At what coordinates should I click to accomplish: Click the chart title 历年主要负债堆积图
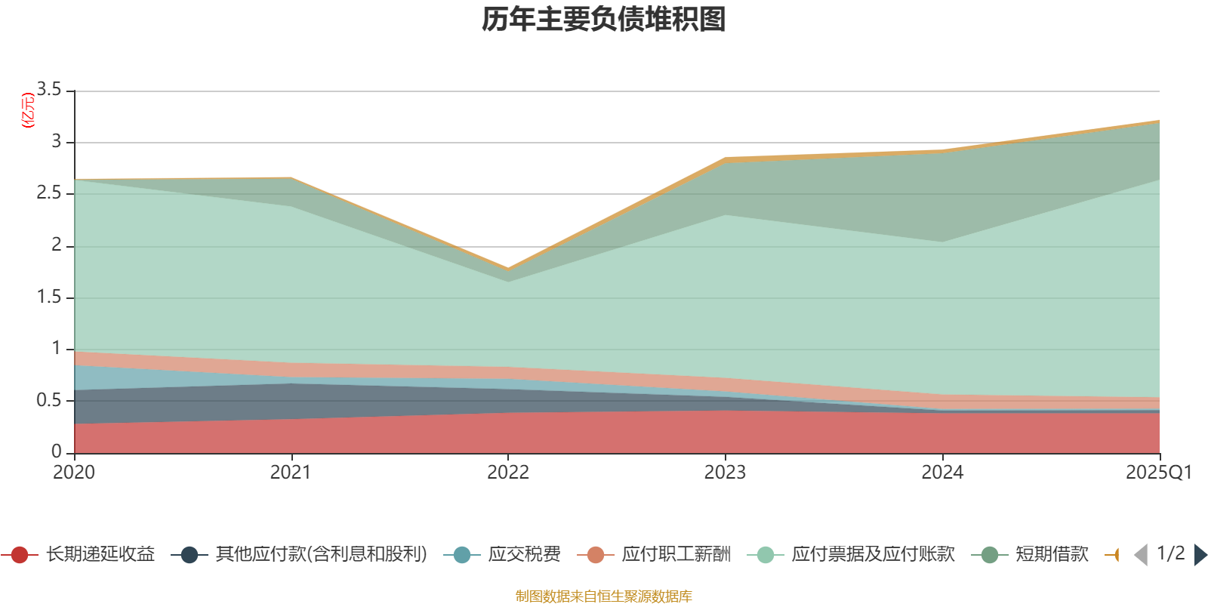(603, 20)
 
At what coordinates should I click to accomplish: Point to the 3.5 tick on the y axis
(49, 90)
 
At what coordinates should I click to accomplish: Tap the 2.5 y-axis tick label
(49, 193)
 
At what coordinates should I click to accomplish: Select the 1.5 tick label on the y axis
(49, 297)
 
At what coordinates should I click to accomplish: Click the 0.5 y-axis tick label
(49, 400)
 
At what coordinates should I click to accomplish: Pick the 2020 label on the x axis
(74, 473)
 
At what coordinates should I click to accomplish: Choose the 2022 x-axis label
(508, 473)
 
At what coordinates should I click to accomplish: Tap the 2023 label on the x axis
(725, 473)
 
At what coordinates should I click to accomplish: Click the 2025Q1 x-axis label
(1158, 473)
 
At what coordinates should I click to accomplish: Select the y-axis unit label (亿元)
(29, 110)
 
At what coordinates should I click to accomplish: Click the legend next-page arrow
(1200, 555)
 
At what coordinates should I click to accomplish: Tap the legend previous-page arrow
(1141, 555)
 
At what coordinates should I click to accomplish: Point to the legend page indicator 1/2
(1170, 553)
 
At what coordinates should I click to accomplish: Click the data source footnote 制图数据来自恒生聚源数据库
(603, 596)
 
